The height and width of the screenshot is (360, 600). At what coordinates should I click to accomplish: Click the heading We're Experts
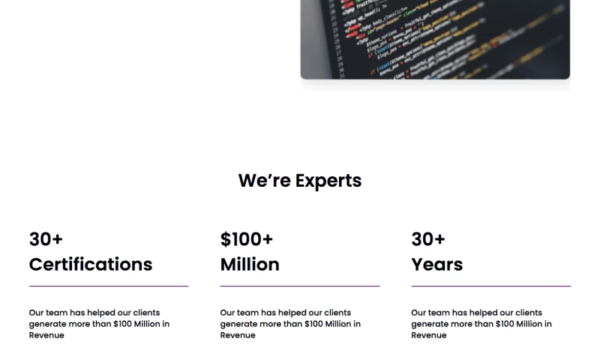coord(300,181)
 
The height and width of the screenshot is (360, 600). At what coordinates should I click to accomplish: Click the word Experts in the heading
coord(328,181)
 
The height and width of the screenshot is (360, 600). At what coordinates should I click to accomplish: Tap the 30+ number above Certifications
coord(46,239)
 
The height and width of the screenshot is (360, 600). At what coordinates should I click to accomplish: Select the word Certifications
coord(91,264)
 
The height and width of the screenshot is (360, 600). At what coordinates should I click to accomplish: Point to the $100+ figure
coord(247,239)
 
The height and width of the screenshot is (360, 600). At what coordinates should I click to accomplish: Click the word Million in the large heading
coord(250,264)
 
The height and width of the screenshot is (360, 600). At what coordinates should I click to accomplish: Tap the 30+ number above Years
coord(428,239)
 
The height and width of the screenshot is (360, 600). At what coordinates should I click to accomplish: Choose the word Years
coord(437,264)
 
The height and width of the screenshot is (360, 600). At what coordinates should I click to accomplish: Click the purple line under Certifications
coord(109,286)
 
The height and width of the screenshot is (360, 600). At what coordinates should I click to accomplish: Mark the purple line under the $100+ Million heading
coord(300,286)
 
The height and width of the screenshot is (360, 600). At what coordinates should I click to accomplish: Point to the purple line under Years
coord(491,286)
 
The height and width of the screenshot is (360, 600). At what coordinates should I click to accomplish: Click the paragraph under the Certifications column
coord(99,324)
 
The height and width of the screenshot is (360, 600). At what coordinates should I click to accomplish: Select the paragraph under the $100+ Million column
coord(290,324)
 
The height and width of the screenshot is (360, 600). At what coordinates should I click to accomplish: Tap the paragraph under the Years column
coord(481,324)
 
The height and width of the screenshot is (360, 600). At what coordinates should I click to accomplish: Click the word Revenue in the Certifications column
coord(46,335)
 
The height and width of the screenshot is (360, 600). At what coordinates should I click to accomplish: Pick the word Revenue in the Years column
coord(429,335)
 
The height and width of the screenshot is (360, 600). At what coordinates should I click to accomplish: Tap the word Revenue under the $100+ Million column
coord(238,335)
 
